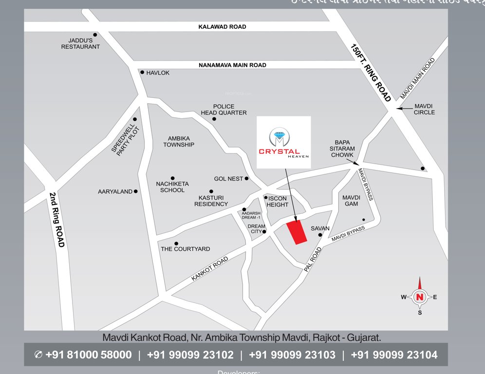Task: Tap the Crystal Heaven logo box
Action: tap(284, 143)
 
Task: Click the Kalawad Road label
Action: tap(222, 27)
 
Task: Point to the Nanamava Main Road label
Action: tap(232, 65)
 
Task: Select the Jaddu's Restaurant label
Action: tap(80, 43)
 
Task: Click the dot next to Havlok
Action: tap(142, 73)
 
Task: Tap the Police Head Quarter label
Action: tap(224, 110)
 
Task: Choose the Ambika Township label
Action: tap(179, 141)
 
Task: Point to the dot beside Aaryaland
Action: tap(136, 191)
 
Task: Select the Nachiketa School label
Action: tap(172, 187)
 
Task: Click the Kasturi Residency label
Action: tap(211, 201)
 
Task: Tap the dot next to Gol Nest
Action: tap(246, 179)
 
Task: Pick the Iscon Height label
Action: tap(278, 202)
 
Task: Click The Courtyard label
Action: tap(186, 249)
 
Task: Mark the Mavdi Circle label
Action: tap(424, 109)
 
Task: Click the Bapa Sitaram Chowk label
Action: tap(343, 148)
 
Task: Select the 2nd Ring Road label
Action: tap(57, 219)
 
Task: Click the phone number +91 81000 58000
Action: tap(88, 355)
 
